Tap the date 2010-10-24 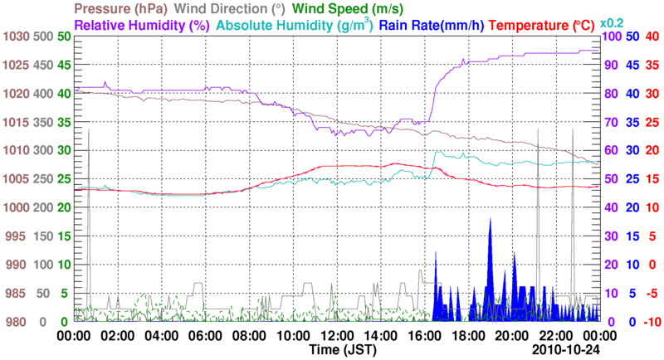click(566, 351)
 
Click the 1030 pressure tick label click(17, 36)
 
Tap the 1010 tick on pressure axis click(17, 150)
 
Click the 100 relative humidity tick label click(611, 36)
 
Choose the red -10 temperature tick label click(652, 322)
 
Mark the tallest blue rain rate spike click(491, 219)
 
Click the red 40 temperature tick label click(652, 36)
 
